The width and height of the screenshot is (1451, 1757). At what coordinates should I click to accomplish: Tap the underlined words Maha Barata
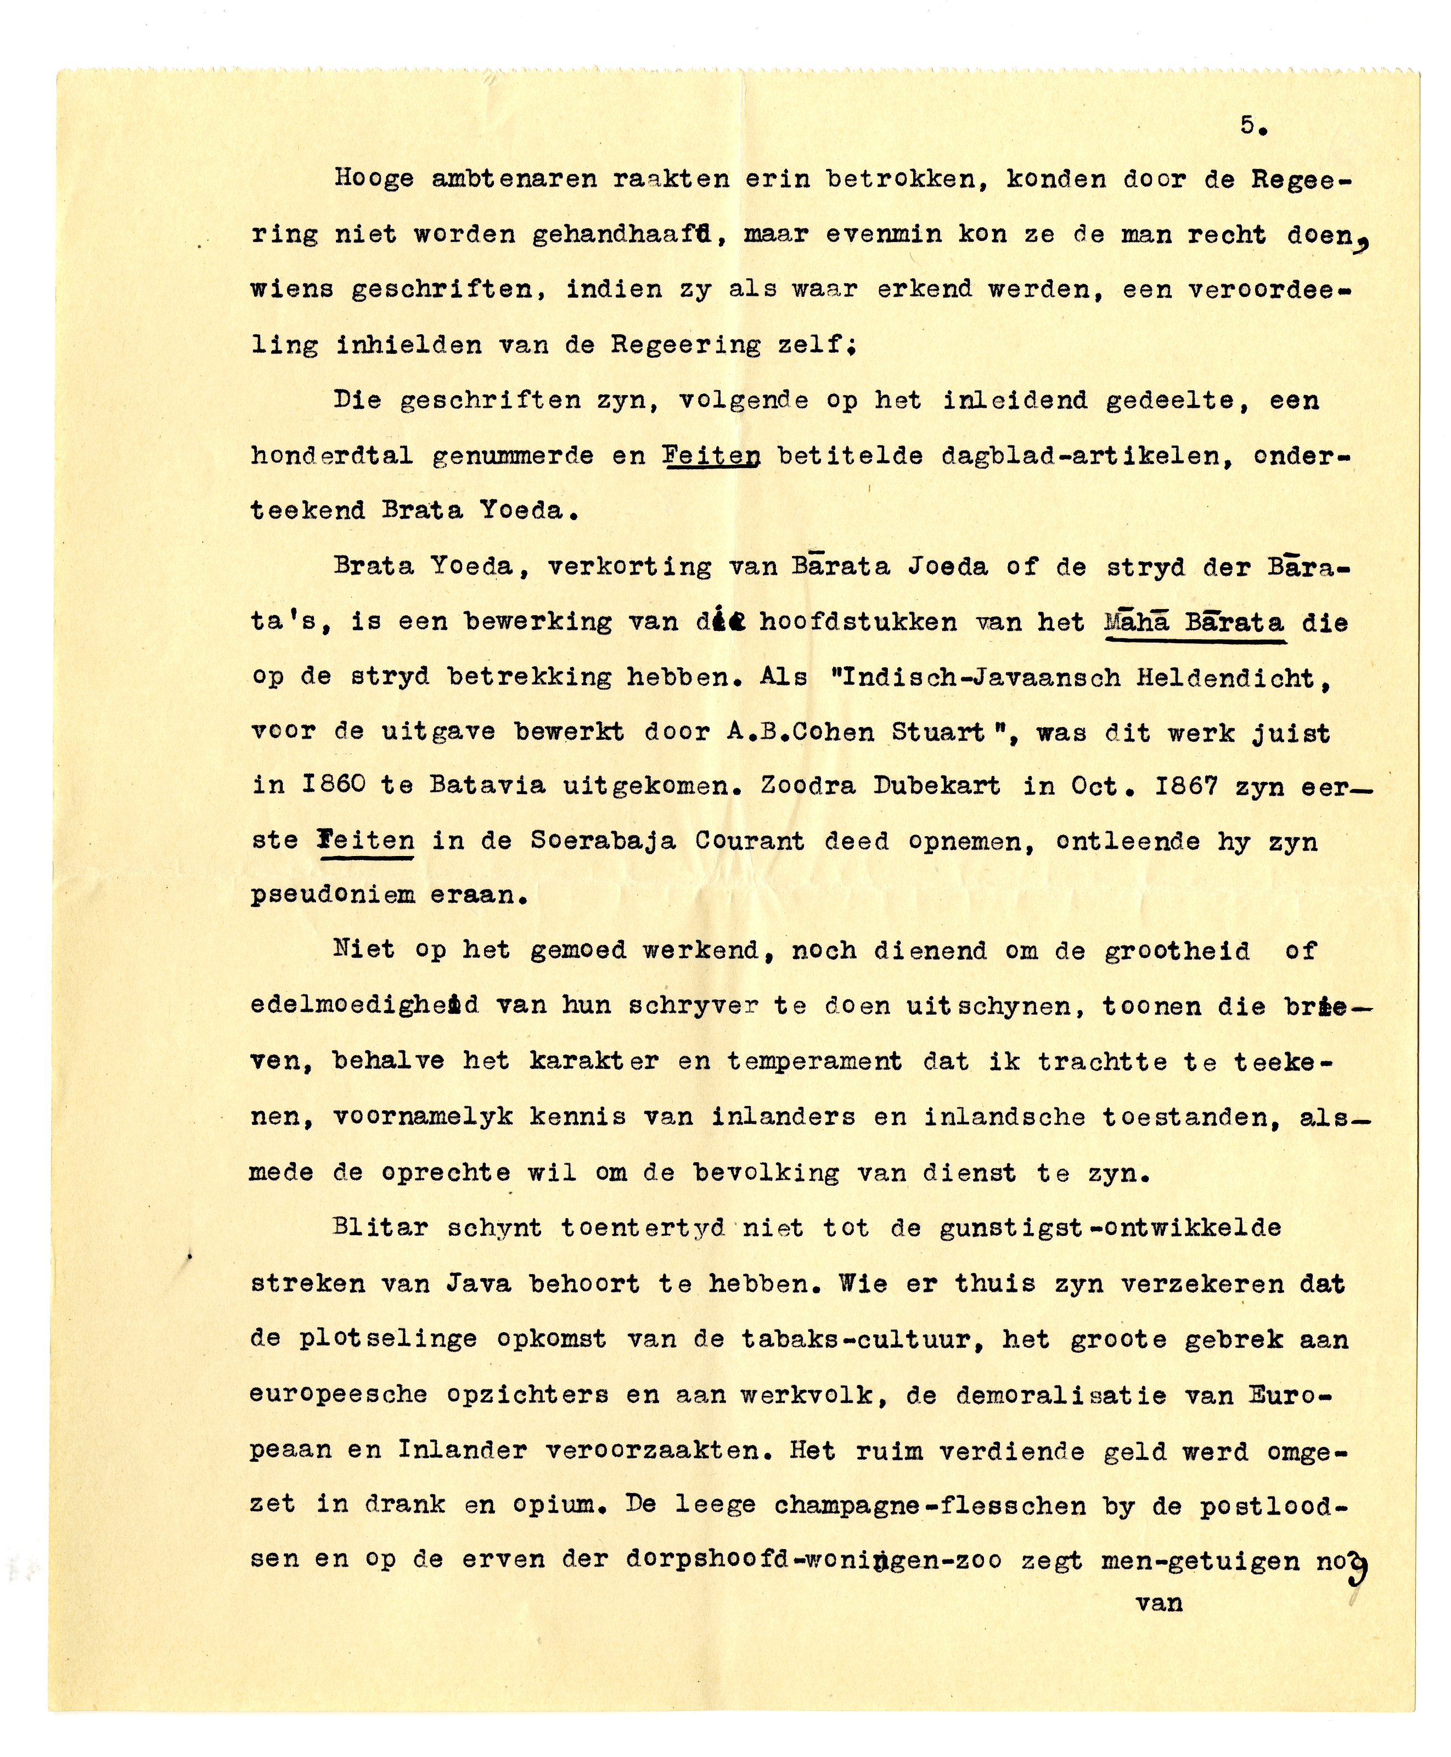[1194, 623]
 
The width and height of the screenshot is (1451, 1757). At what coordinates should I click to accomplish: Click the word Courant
[749, 841]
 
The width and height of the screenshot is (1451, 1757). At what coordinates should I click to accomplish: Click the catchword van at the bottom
[1159, 1602]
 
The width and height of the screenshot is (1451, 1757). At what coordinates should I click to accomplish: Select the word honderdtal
[333, 455]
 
